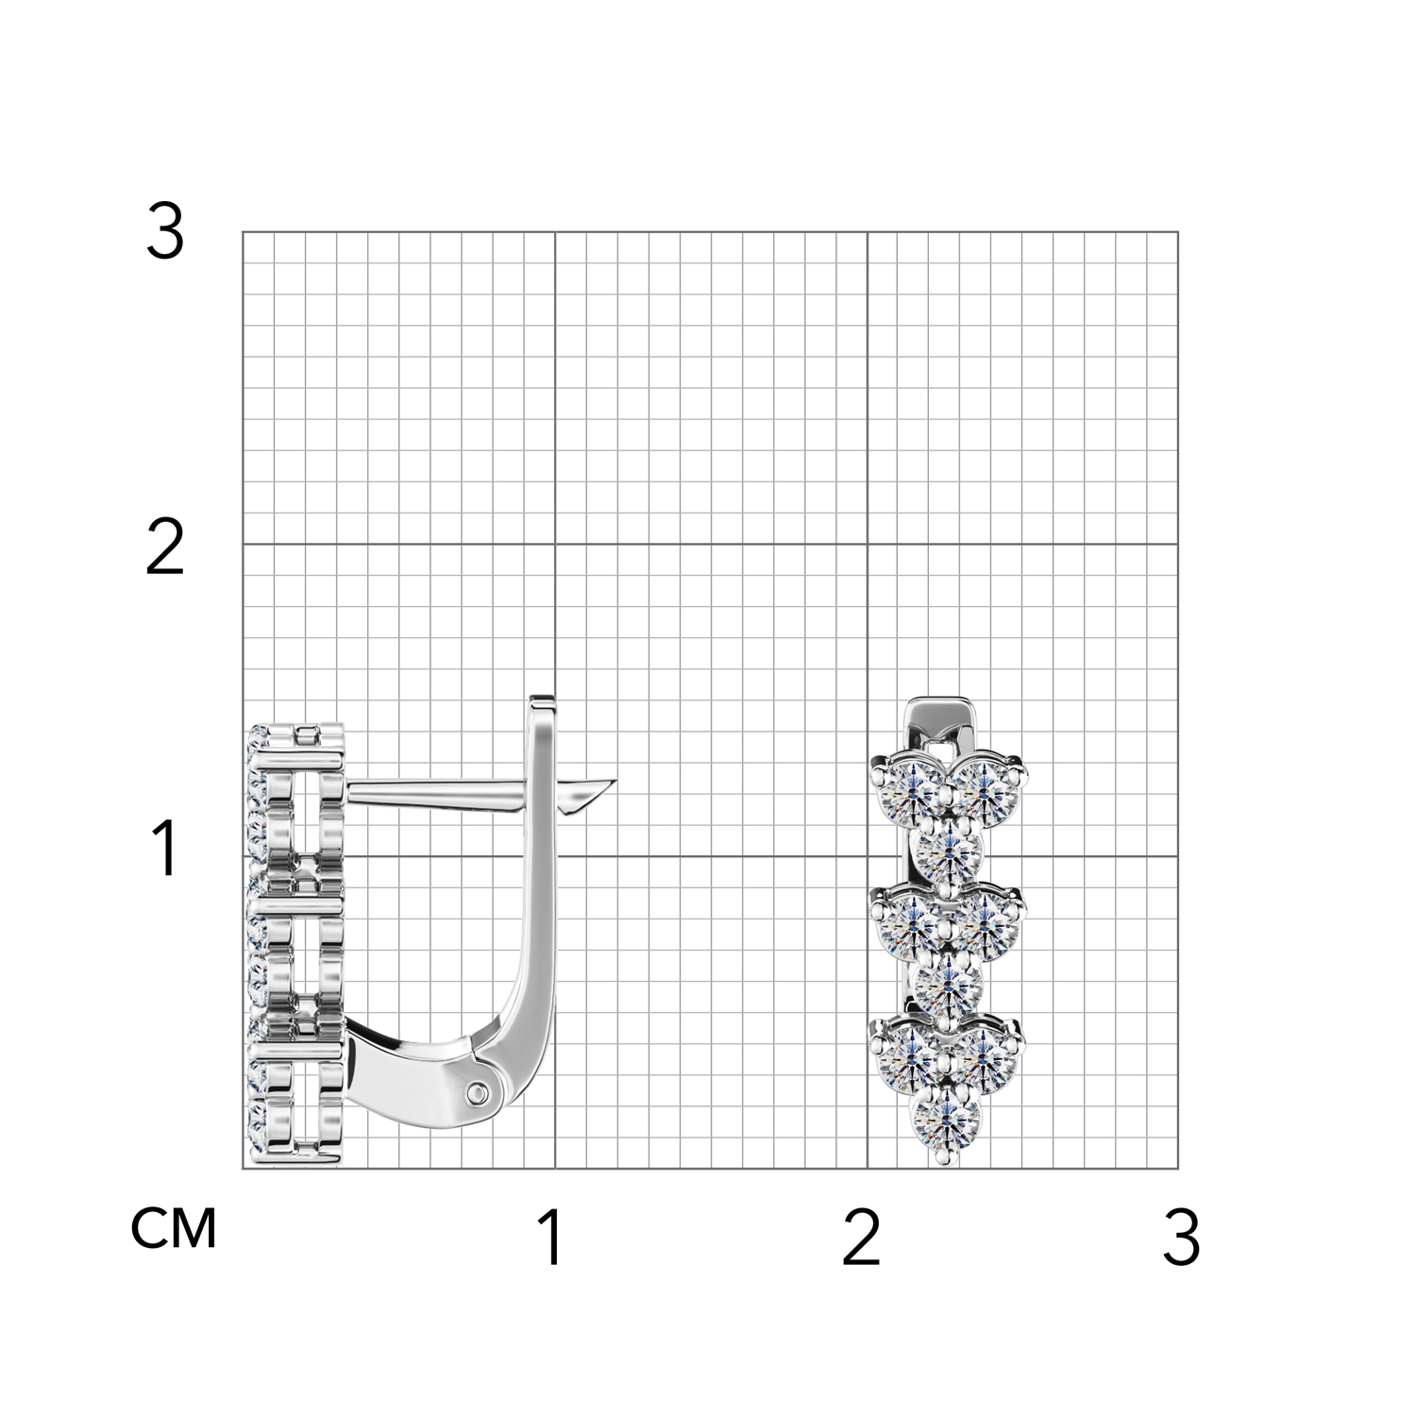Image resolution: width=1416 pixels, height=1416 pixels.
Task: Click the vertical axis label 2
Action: (x=164, y=549)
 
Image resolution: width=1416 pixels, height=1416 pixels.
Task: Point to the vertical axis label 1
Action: (x=166, y=848)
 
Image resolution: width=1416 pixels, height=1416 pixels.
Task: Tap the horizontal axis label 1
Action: (x=551, y=1238)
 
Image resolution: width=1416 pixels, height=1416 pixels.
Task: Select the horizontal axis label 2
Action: (x=861, y=1238)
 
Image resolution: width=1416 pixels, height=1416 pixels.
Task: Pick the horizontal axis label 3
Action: (x=1182, y=1238)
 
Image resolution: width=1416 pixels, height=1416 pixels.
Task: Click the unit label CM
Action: (x=174, y=1228)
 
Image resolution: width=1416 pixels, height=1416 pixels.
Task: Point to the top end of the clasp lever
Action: (x=542, y=700)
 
